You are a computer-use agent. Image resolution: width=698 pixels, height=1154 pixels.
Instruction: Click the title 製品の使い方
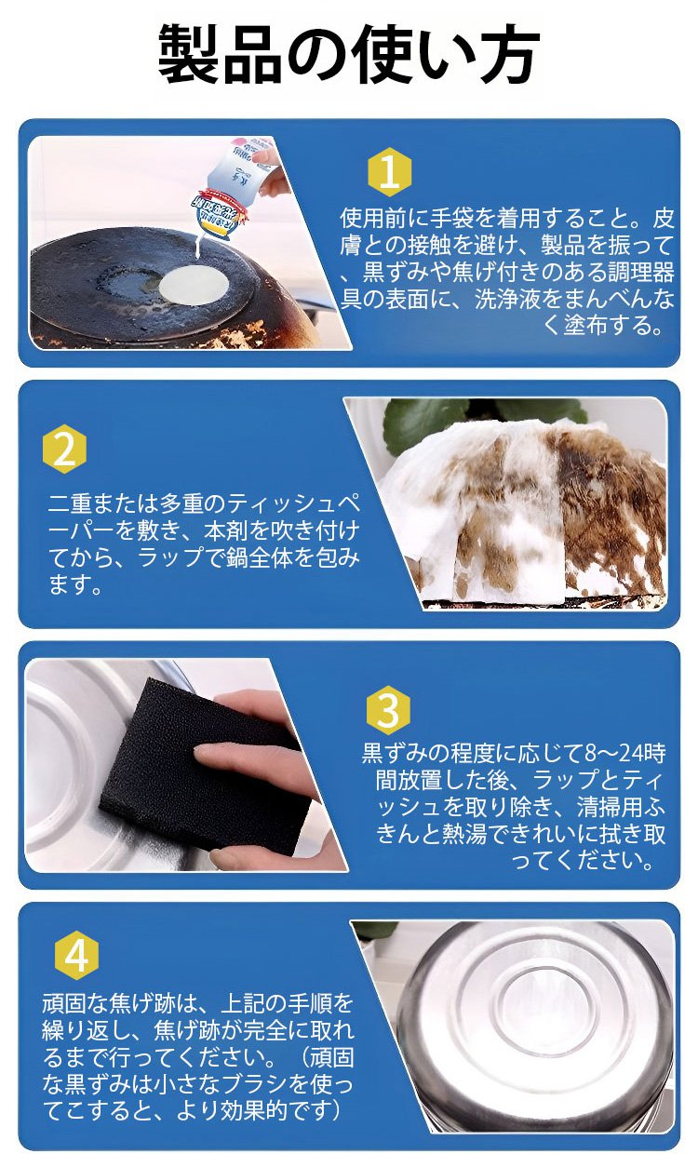348,55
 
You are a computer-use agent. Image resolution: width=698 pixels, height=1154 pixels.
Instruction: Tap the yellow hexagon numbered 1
389,172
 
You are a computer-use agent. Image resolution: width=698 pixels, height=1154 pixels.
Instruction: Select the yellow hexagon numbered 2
64,450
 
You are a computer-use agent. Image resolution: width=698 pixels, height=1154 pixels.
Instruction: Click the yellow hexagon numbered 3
388,711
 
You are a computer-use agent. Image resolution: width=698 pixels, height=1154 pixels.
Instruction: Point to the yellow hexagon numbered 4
77,955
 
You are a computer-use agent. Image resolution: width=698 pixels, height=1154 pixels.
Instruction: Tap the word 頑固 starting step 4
64,1004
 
